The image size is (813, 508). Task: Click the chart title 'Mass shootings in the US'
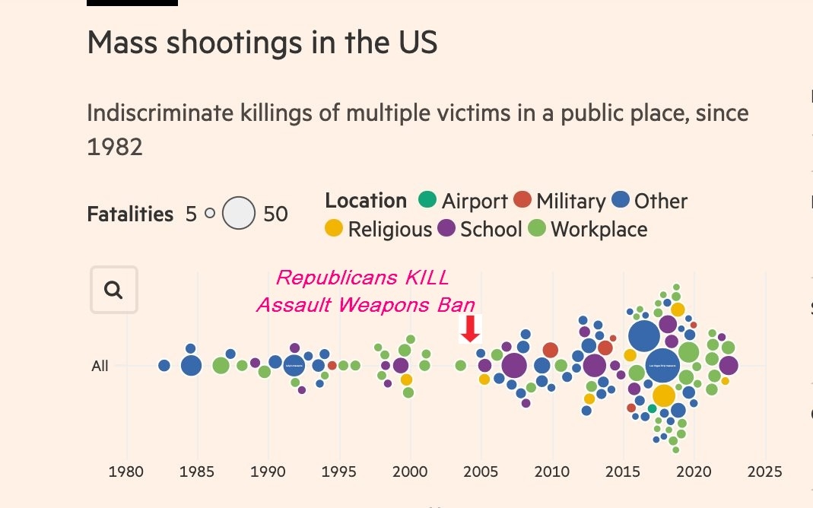click(262, 43)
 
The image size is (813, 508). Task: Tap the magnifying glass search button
click(114, 290)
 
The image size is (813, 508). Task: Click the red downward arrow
click(471, 328)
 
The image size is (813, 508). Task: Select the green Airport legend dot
click(427, 201)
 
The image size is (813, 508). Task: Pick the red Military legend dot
click(522, 201)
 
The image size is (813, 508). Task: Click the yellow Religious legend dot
click(334, 228)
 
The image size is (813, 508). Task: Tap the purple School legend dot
click(446, 228)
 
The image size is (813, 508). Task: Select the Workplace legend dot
click(537, 228)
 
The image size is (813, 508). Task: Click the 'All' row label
click(100, 367)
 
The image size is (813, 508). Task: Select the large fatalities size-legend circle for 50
click(238, 213)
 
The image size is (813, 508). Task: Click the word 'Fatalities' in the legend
click(130, 214)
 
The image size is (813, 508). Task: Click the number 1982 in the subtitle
click(115, 147)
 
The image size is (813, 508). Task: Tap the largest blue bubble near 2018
click(663, 366)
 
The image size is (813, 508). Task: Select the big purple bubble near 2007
click(514, 366)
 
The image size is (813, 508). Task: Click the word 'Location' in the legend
click(366, 201)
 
